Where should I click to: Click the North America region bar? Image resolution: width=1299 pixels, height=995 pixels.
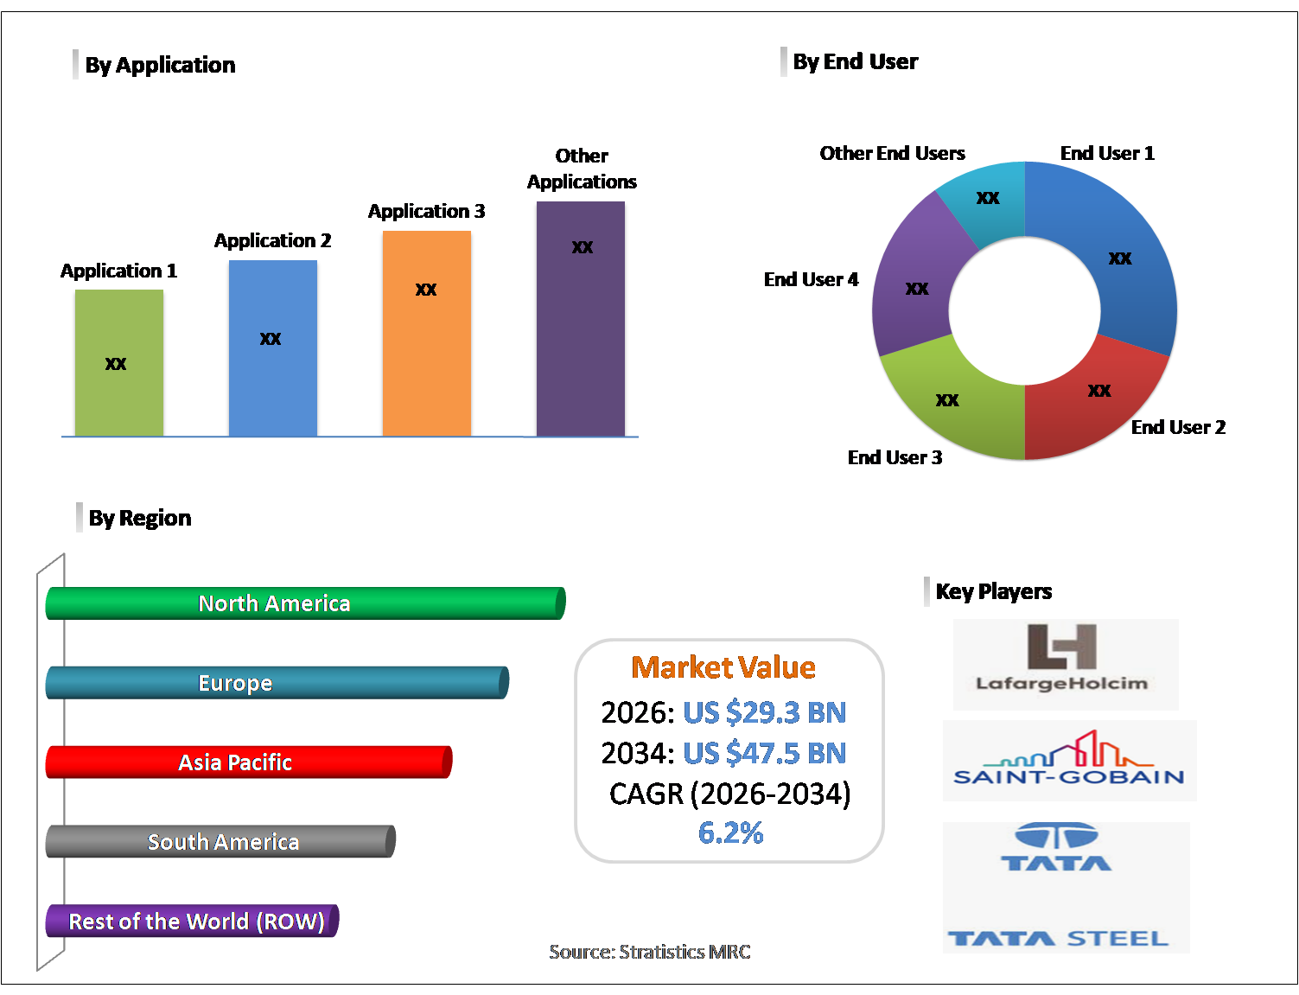(305, 603)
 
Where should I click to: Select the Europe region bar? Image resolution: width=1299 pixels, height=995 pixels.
(277, 683)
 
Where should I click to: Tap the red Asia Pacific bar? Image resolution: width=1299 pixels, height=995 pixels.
(248, 762)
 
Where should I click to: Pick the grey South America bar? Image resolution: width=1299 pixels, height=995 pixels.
(220, 842)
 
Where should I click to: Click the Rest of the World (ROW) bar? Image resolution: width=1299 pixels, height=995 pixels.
(192, 922)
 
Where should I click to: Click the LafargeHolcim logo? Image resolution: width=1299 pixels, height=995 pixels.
(1065, 664)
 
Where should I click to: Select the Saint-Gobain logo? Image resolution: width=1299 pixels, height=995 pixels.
(1069, 760)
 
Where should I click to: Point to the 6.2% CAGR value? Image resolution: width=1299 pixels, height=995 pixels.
(730, 832)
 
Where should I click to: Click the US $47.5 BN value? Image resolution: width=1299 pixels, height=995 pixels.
(764, 753)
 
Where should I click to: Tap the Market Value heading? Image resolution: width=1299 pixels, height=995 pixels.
(723, 667)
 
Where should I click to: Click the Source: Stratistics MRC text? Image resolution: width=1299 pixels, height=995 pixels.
(650, 952)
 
